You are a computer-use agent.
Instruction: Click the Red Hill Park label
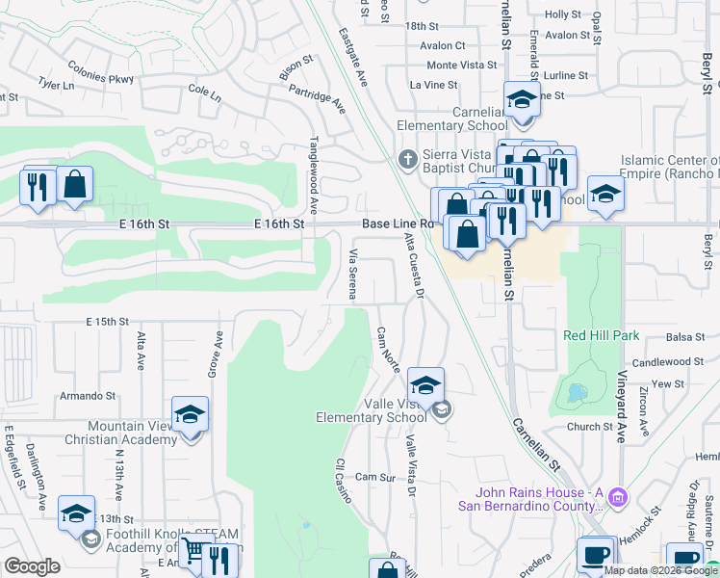[x=602, y=336]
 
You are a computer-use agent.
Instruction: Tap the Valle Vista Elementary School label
[x=373, y=410]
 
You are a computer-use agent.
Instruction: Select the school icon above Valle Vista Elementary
[x=425, y=386]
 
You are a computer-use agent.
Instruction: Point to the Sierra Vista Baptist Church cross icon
[x=408, y=157]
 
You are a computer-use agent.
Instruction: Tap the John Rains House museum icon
[x=618, y=497]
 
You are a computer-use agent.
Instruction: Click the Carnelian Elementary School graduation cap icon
[x=522, y=101]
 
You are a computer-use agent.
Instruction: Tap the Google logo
[x=32, y=565]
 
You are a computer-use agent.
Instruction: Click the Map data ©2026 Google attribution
[x=659, y=569]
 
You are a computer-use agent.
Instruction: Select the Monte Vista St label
[x=461, y=65]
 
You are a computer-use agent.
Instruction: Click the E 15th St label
[x=107, y=321]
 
